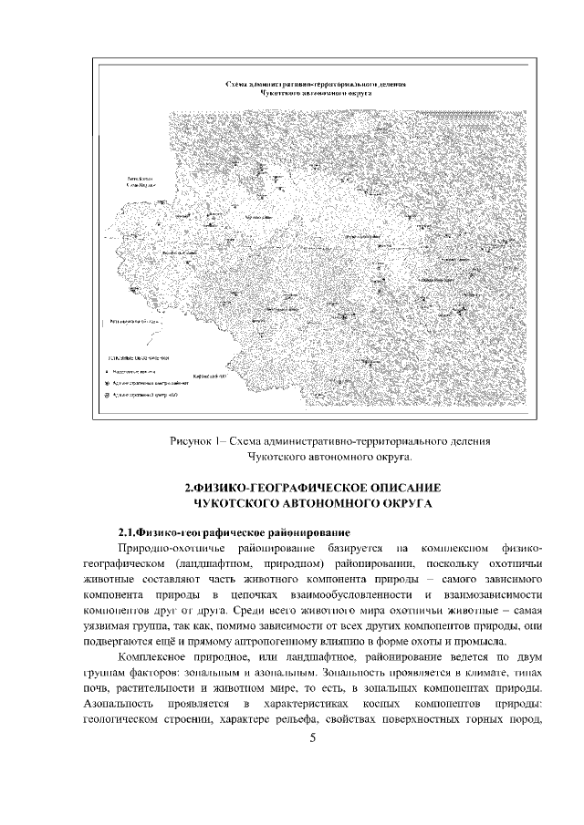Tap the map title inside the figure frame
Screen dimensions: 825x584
click(316, 88)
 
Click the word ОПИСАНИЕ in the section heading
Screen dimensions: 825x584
click(388, 486)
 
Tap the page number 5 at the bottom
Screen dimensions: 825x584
click(312, 737)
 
